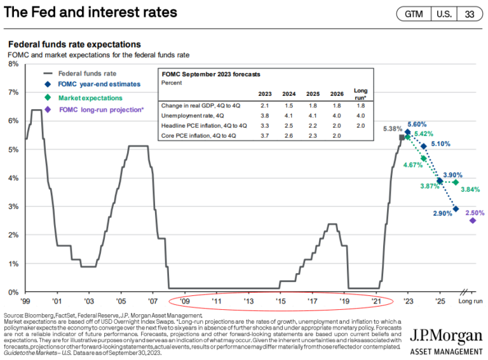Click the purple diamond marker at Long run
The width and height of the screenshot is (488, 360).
[x=473, y=220]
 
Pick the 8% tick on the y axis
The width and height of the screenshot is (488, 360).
[x=12, y=64]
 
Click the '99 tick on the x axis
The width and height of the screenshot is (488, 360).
[x=25, y=301]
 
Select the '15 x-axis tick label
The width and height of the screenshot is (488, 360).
[x=280, y=301]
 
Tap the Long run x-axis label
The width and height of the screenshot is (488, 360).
[x=470, y=301]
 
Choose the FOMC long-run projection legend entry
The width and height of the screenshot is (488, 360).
[x=101, y=110]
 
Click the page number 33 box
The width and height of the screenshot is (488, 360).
[x=469, y=14]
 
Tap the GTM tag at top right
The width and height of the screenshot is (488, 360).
[x=414, y=14]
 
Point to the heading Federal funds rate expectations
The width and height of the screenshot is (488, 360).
[x=74, y=44]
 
